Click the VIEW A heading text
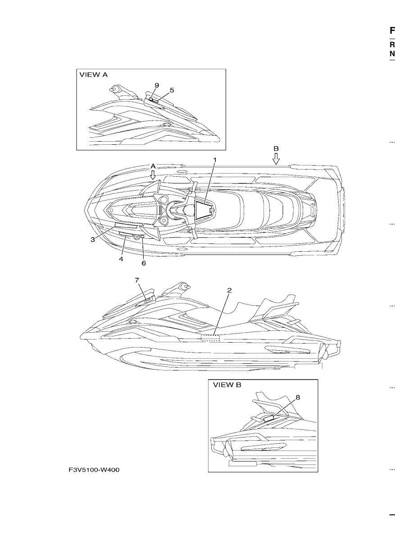coord(94,75)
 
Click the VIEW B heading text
coord(227,385)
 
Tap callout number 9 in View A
coord(157,85)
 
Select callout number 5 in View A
coord(172,90)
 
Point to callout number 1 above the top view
coord(215,160)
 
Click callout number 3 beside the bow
coord(93,240)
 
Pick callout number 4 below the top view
coord(121,259)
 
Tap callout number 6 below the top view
coord(144,263)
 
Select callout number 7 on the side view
coord(137,280)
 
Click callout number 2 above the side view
coord(229,290)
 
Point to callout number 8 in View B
coord(298,397)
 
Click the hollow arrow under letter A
coord(153,175)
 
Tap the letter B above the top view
coord(276,149)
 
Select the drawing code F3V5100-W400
coord(94,470)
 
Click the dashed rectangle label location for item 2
coord(210,338)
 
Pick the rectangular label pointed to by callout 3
coord(126,226)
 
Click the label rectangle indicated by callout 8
coord(268,419)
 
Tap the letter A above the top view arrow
coord(153,166)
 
